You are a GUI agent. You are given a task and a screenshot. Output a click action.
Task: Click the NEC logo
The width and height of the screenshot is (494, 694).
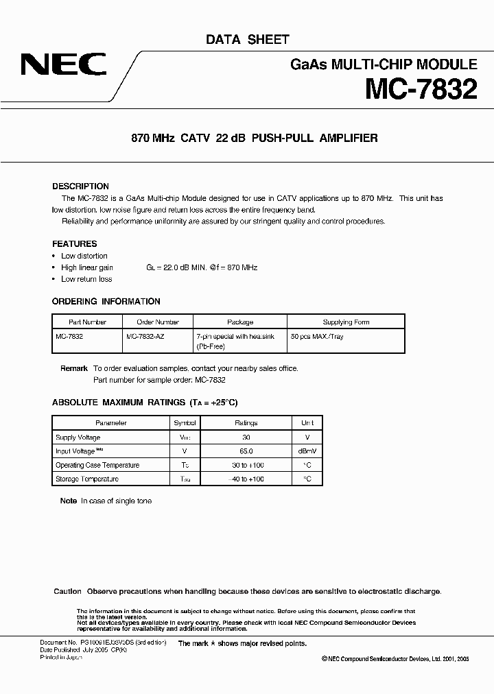click(63, 65)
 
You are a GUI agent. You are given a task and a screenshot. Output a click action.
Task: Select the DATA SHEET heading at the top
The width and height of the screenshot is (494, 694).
click(248, 40)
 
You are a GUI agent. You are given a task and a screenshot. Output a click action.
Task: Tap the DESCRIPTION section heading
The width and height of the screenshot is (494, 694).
click(80, 187)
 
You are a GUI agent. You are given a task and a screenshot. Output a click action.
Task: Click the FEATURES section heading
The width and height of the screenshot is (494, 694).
click(74, 243)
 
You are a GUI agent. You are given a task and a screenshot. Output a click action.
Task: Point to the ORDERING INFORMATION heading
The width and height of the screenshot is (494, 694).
click(106, 301)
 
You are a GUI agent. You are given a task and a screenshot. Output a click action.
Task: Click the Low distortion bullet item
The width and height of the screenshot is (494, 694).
click(84, 256)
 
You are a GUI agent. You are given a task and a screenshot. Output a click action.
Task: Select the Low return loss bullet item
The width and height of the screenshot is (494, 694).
click(86, 279)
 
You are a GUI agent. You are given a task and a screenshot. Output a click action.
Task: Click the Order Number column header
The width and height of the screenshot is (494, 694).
click(157, 322)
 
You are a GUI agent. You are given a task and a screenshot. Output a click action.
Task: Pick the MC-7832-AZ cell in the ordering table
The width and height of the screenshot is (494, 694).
click(145, 337)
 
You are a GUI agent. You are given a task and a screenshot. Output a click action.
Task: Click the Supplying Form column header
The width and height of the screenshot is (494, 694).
click(346, 322)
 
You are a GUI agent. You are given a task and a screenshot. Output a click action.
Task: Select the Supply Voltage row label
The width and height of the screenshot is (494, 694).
click(78, 438)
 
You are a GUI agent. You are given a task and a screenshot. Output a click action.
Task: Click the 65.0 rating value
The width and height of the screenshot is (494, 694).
click(246, 451)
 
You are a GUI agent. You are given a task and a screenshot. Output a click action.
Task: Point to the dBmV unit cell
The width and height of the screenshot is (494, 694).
click(307, 451)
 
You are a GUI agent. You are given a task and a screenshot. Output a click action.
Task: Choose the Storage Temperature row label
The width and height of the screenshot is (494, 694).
click(86, 479)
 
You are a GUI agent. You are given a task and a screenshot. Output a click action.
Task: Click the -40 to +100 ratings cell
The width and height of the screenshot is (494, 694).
click(246, 479)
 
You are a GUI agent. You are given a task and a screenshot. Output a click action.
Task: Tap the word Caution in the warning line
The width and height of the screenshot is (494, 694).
click(67, 591)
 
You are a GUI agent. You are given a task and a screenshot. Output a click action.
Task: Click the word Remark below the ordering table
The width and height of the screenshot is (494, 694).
click(73, 368)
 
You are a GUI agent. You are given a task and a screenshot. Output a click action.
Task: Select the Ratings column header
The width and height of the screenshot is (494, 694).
click(246, 423)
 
